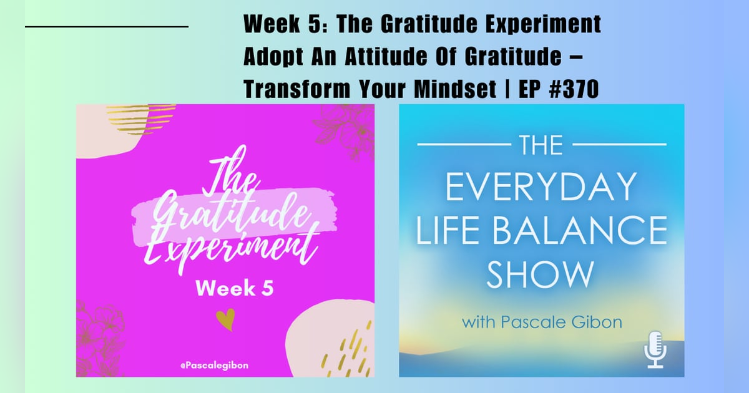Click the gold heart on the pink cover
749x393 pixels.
(223, 319)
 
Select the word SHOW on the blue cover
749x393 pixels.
(541, 274)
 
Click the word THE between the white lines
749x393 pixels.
(541, 145)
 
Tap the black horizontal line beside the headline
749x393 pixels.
(106, 27)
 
